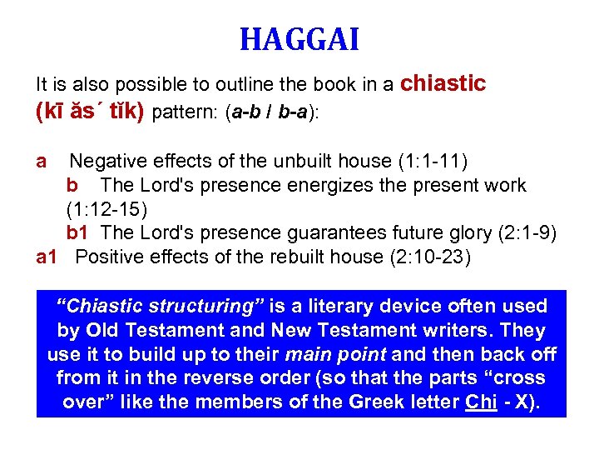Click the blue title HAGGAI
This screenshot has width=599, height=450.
coord(299,39)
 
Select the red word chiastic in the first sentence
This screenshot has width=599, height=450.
coord(443,83)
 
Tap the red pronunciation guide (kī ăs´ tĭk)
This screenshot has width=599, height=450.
coord(91,111)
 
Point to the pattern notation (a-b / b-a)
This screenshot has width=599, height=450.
coord(271,112)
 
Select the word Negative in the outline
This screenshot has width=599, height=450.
coord(110,161)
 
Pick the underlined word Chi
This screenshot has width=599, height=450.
coord(480,402)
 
